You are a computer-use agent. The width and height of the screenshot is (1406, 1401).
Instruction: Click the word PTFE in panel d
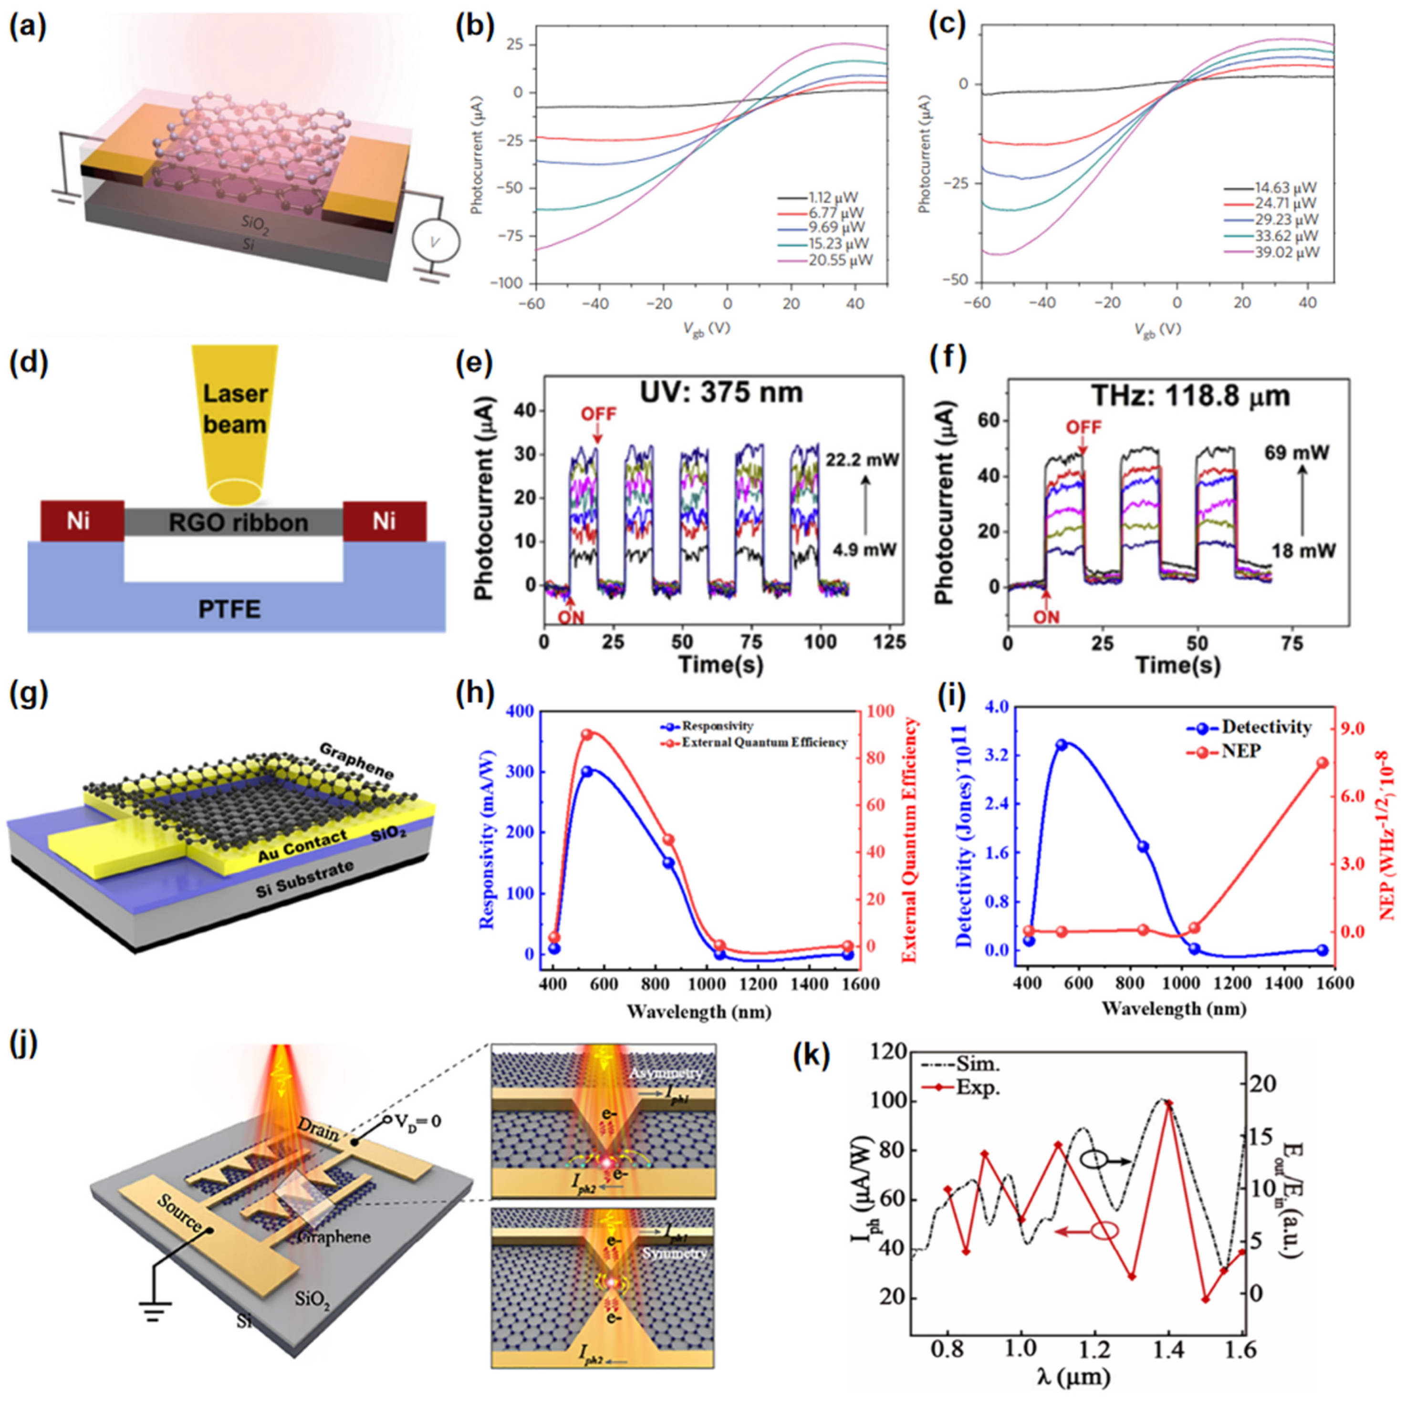[230, 608]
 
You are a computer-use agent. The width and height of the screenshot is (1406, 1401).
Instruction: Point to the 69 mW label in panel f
[1301, 453]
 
